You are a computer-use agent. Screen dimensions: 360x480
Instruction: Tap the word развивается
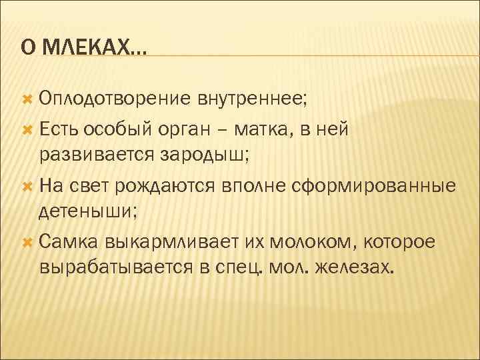pyautogui.click(x=97, y=155)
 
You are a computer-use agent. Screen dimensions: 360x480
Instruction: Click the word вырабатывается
pyautogui.click(x=116, y=267)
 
